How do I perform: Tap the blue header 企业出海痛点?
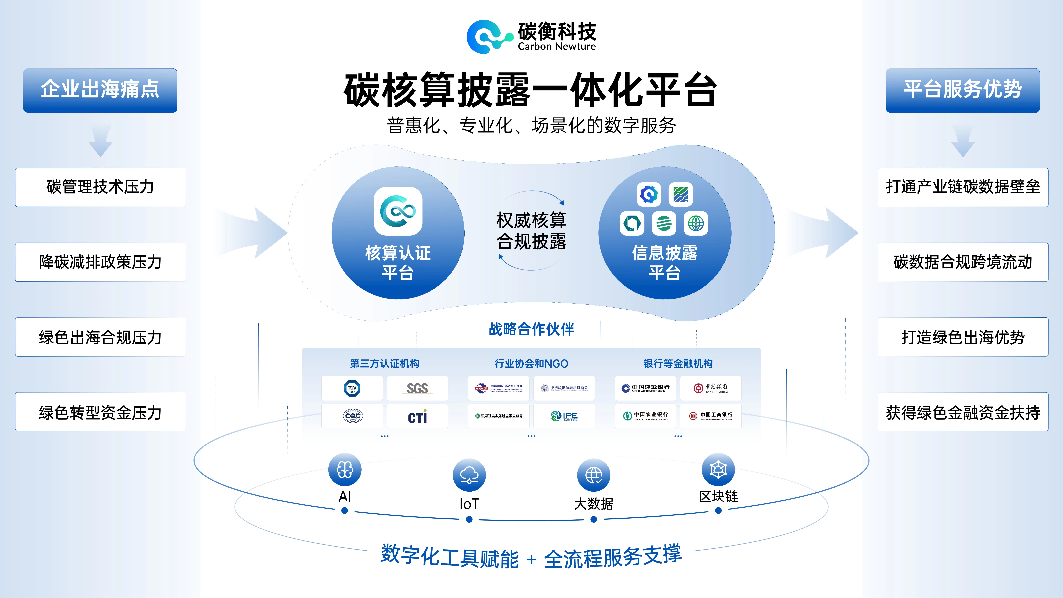[x=100, y=90]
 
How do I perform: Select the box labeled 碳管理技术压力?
[x=100, y=187]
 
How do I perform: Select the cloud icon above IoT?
[x=469, y=475]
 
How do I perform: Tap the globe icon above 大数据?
[x=594, y=475]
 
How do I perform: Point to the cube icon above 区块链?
[x=718, y=470]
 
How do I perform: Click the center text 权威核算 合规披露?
[x=531, y=231]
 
